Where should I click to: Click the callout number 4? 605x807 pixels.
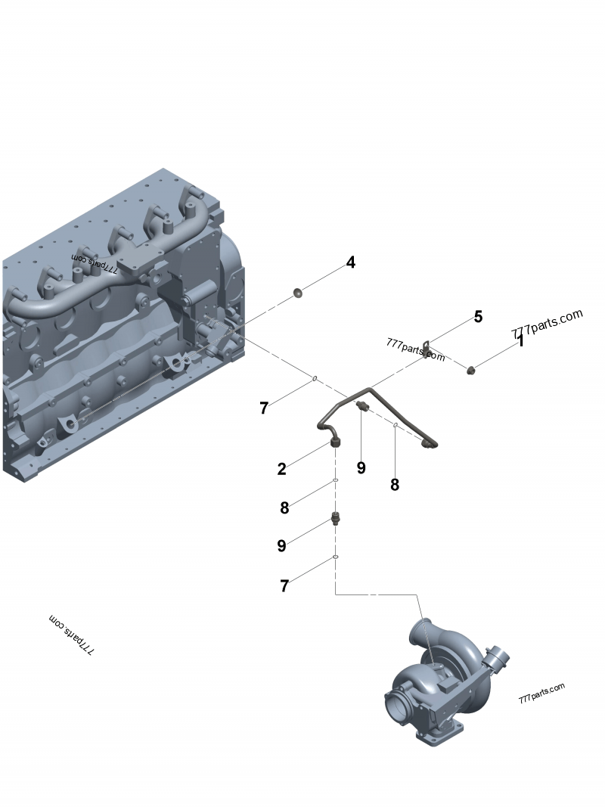tap(350, 262)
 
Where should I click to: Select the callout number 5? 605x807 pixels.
tap(478, 316)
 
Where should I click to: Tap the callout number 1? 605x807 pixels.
tap(520, 341)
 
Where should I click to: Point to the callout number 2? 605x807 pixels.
tap(281, 469)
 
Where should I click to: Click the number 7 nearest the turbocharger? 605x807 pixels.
tap(284, 585)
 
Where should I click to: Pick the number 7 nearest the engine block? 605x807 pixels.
tap(263, 408)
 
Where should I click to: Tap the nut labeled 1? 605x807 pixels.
tap(470, 369)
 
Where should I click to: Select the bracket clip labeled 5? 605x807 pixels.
tap(427, 347)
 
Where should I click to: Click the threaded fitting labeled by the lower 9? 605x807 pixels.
tap(334, 520)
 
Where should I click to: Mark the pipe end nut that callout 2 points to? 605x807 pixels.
tap(334, 441)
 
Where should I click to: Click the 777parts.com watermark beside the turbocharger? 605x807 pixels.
tap(541, 692)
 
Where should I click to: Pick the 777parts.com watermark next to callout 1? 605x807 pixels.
tap(547, 322)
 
